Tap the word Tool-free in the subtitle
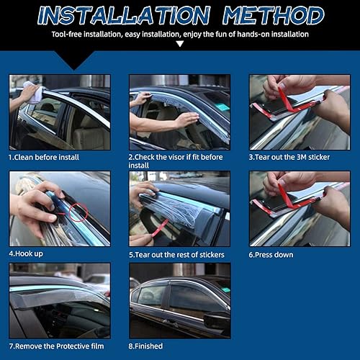pos(66,34)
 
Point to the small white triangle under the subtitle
pos(179,44)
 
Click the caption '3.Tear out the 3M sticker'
pos(293,156)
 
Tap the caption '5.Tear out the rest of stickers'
pos(176,254)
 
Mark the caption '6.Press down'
pos(273,254)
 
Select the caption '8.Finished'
pos(146,346)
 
